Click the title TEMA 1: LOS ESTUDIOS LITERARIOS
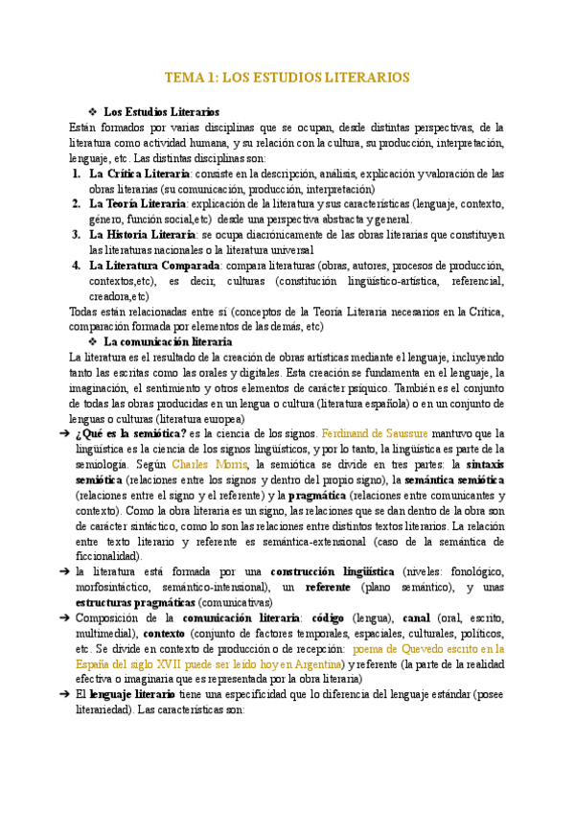(287, 77)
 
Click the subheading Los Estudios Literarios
(161, 112)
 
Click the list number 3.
(76, 234)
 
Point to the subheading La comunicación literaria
(167, 341)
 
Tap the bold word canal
(415, 617)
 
